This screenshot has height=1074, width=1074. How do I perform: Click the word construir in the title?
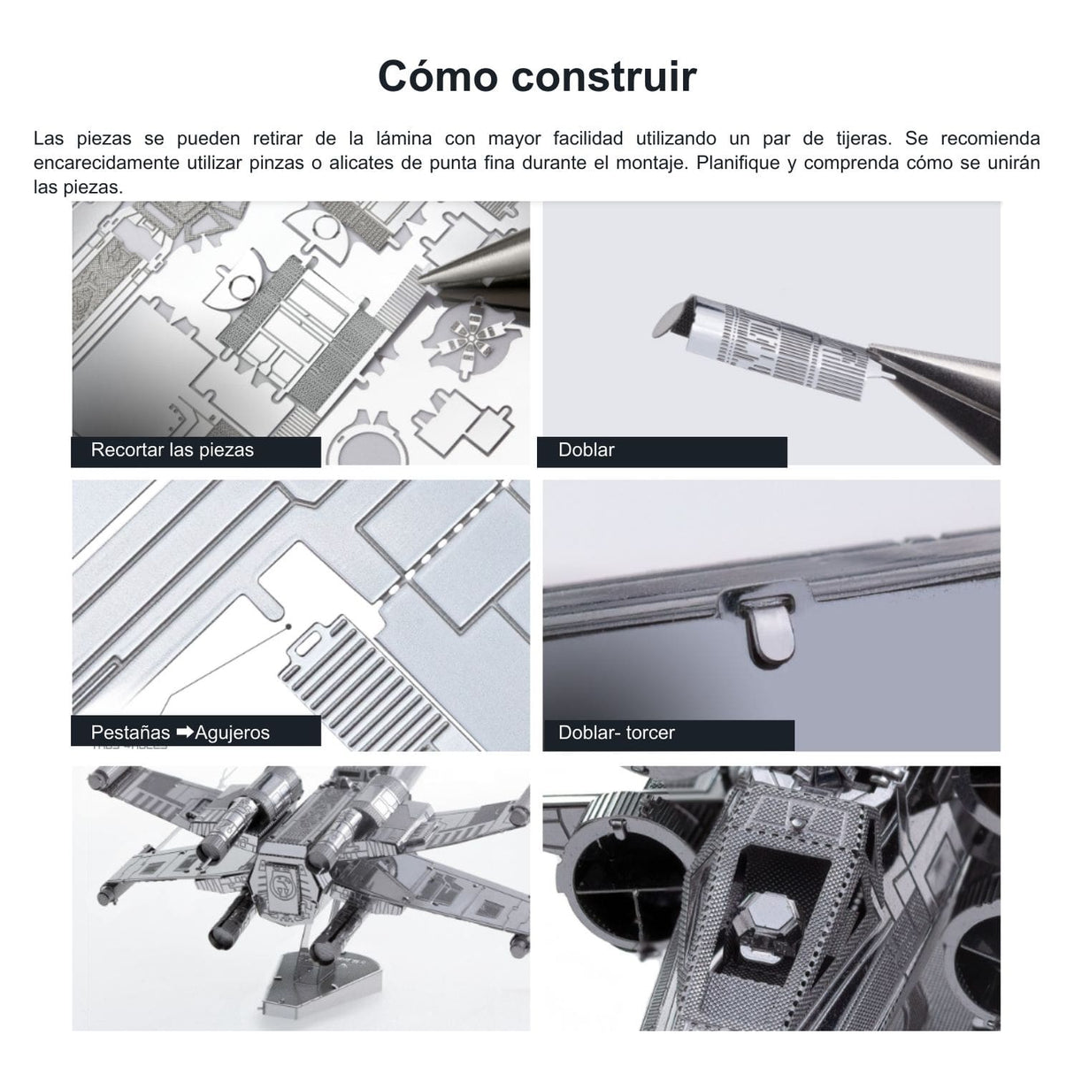click(604, 76)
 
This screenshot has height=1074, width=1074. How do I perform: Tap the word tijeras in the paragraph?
click(863, 139)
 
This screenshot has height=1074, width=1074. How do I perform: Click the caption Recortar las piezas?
click(173, 450)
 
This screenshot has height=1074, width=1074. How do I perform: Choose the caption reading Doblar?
click(586, 450)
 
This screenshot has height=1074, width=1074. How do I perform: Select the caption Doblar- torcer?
click(616, 733)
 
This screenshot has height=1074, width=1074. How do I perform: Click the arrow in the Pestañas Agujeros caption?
click(185, 733)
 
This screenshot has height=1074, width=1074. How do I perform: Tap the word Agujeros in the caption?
click(233, 733)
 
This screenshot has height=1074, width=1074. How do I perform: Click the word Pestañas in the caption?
click(130, 733)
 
